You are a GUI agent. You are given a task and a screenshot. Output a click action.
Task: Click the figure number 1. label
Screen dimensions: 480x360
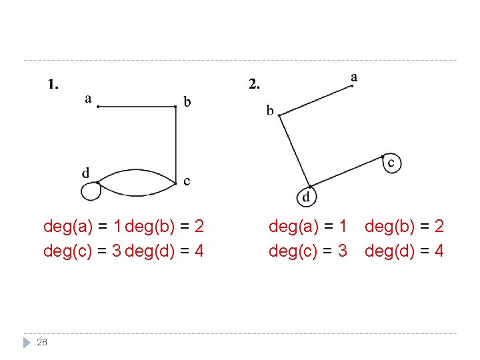pyautogui.click(x=53, y=84)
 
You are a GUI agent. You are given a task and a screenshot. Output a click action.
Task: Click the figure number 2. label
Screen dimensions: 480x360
pyautogui.click(x=255, y=84)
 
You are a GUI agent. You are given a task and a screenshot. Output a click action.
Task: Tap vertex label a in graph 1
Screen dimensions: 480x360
pyautogui.click(x=88, y=99)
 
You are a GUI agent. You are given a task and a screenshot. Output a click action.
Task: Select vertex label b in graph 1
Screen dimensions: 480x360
pyautogui.click(x=187, y=102)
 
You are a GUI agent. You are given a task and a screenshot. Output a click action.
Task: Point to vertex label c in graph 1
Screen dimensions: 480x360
pyautogui.click(x=187, y=181)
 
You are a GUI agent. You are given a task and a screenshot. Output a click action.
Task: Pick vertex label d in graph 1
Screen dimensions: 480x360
pyautogui.click(x=86, y=173)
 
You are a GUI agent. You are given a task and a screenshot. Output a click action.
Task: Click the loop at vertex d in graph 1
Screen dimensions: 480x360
pyautogui.click(x=89, y=192)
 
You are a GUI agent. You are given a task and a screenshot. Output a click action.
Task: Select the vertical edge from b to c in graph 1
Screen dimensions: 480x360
pyautogui.click(x=176, y=143)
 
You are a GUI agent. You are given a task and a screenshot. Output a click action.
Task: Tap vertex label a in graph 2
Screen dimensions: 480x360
pyautogui.click(x=353, y=77)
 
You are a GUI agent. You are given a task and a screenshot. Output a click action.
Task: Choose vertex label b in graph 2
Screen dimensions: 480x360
pyautogui.click(x=270, y=111)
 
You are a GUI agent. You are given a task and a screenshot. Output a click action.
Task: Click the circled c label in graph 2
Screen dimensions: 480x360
pyautogui.click(x=392, y=163)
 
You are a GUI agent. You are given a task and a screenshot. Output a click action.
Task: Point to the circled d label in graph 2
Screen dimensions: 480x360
pyautogui.click(x=306, y=197)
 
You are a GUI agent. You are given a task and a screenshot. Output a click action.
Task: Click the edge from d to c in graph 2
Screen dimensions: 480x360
pyautogui.click(x=347, y=171)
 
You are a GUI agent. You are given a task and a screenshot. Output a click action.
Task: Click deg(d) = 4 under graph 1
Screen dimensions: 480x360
pyautogui.click(x=165, y=251)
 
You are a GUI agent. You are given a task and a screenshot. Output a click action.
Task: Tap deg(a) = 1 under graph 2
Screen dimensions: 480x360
pyautogui.click(x=308, y=227)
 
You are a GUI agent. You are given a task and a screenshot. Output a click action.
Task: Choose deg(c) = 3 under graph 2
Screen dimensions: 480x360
pyautogui.click(x=308, y=251)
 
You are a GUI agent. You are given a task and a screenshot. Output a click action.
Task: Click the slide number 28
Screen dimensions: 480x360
pyautogui.click(x=42, y=342)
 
